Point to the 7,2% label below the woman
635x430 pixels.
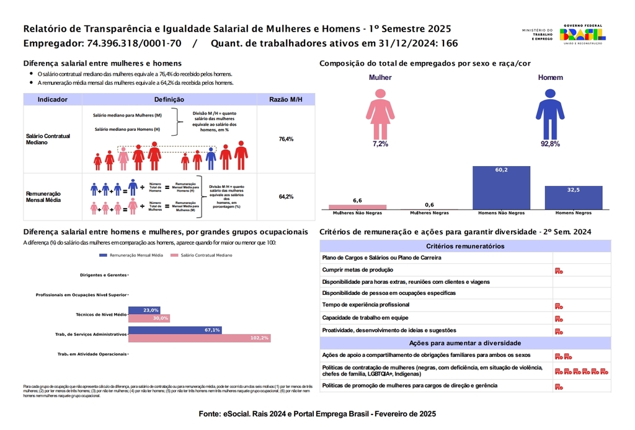(x=380, y=144)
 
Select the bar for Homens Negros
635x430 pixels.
(x=573, y=198)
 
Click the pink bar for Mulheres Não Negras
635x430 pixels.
(x=357, y=207)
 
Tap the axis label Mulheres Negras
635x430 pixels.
(x=429, y=213)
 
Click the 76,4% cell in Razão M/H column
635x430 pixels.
(x=286, y=139)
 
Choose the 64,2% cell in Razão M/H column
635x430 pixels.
(x=286, y=196)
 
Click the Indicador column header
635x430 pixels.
(x=53, y=99)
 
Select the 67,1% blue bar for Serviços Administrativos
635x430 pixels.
(x=175, y=330)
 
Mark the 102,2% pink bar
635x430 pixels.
(x=199, y=338)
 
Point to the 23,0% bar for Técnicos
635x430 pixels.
(x=144, y=310)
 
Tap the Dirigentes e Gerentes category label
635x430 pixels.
(x=104, y=274)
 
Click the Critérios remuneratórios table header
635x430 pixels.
(x=464, y=246)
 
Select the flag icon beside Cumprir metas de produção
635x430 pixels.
(x=559, y=270)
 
